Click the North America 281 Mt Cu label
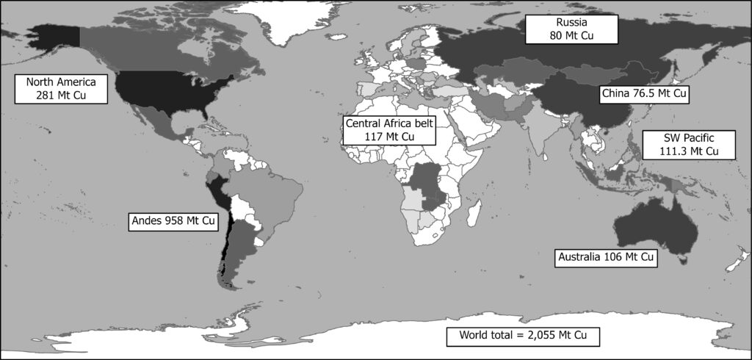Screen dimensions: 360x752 click(x=61, y=87)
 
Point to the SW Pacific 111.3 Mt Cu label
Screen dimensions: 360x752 click(x=679, y=144)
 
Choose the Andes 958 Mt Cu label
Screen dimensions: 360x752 click(x=174, y=220)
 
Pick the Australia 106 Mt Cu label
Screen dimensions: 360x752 click(x=604, y=258)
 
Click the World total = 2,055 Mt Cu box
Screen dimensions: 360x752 click(x=524, y=336)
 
